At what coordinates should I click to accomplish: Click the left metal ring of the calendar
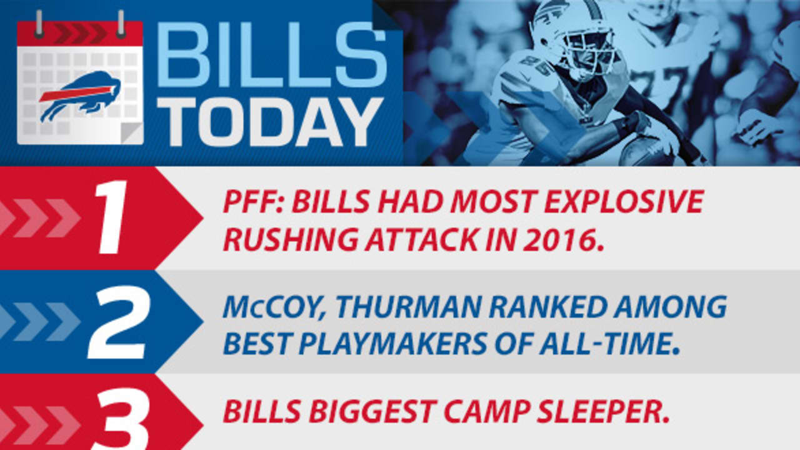(39, 22)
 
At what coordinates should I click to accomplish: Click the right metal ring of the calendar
(121, 22)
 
